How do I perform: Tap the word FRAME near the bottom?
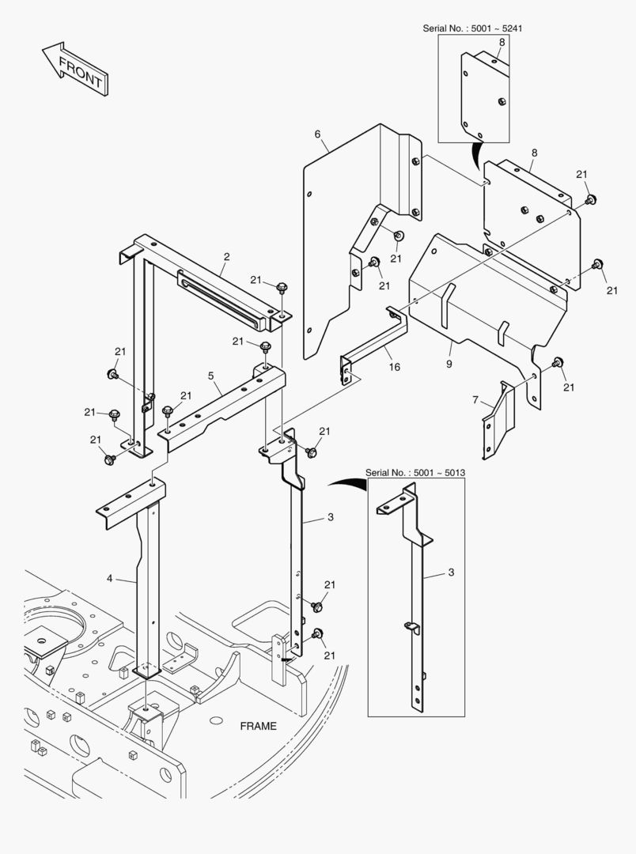[259, 726]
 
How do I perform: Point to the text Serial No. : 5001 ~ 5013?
[415, 472]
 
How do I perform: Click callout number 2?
[226, 257]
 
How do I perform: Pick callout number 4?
[110, 578]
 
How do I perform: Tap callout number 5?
[211, 376]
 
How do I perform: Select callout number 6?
[317, 134]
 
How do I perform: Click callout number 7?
[475, 401]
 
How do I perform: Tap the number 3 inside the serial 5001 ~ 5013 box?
[451, 571]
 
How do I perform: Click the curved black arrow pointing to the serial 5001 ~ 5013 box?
[346, 484]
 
